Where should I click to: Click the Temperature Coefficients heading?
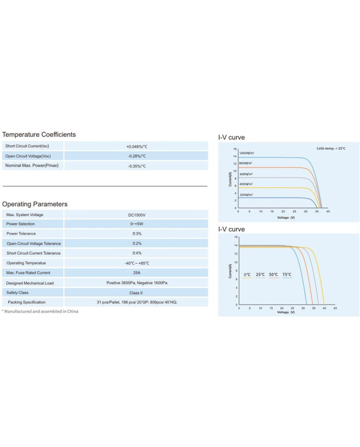pos(39,134)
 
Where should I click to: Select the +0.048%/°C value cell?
pos(136,146)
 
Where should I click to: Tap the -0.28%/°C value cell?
pos(136,156)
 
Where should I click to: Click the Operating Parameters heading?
pos(35,204)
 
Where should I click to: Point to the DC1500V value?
pos(136,214)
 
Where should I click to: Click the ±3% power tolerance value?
pos(136,234)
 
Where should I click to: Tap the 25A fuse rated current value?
pos(136,273)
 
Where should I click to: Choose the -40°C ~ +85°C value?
pos(136,263)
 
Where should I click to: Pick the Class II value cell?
pos(136,292)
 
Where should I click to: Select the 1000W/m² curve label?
pos(247,153)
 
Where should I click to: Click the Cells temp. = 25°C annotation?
pos(331,148)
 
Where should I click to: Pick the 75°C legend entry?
pos(287,275)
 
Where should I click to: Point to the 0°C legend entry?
pos(247,275)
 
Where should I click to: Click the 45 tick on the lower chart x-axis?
pos(335,308)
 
